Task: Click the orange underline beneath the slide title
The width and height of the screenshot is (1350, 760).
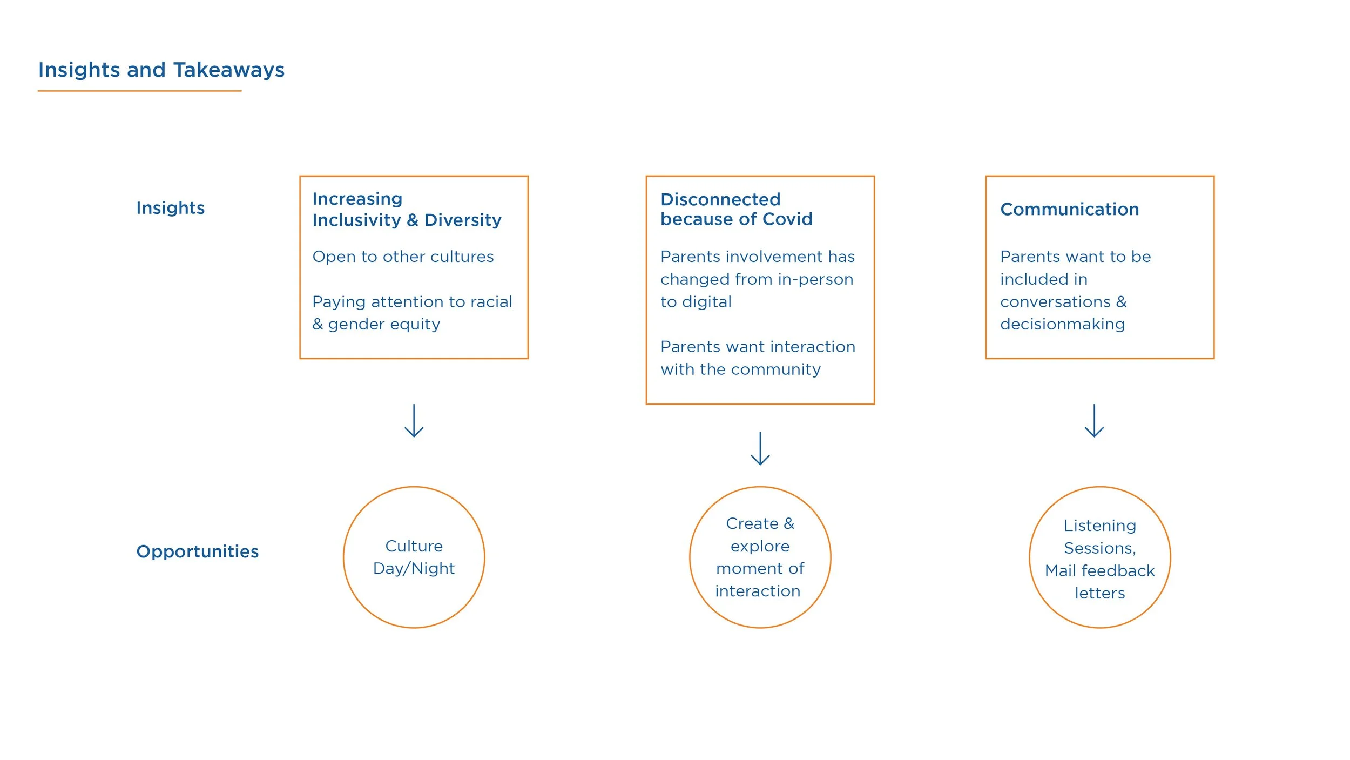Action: click(x=139, y=91)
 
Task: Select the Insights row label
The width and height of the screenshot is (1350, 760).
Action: click(x=170, y=208)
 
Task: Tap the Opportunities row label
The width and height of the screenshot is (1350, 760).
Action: click(x=197, y=551)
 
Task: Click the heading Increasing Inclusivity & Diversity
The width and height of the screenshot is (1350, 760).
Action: click(x=407, y=210)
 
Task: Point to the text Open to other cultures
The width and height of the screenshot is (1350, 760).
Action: click(x=403, y=257)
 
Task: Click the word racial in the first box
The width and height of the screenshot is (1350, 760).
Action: click(x=491, y=302)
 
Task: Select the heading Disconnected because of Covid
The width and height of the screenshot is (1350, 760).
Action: click(x=736, y=209)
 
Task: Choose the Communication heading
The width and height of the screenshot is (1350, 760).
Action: click(x=1069, y=210)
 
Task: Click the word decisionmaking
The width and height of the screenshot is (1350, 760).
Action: click(x=1062, y=324)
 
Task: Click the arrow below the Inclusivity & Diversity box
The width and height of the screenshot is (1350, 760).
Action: click(x=414, y=421)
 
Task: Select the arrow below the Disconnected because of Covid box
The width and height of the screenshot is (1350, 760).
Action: click(x=760, y=449)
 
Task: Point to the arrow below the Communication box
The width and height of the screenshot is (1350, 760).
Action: click(x=1094, y=421)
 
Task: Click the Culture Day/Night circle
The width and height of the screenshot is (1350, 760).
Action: click(x=414, y=557)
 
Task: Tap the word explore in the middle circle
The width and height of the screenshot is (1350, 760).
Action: click(x=760, y=547)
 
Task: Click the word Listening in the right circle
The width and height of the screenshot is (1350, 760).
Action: click(x=1099, y=526)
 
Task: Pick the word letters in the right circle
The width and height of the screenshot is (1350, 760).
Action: click(x=1099, y=594)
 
